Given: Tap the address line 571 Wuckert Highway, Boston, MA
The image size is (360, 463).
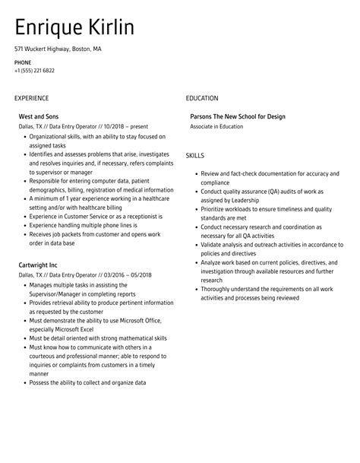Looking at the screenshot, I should click(x=57, y=49).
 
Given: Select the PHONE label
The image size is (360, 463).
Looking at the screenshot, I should click(x=22, y=62).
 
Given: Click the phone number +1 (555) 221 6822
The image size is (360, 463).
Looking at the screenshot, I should click(x=34, y=70).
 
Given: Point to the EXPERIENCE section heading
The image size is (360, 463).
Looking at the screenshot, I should click(x=31, y=98).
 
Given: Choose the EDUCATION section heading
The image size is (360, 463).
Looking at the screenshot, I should click(x=202, y=98).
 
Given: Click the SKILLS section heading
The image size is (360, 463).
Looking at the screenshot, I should click(x=195, y=155).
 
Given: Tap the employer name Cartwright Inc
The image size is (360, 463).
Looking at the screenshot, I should click(x=38, y=265).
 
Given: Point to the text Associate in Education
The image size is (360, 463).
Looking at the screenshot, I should click(x=216, y=126).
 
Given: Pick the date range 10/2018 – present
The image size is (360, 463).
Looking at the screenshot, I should click(x=113, y=126).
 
